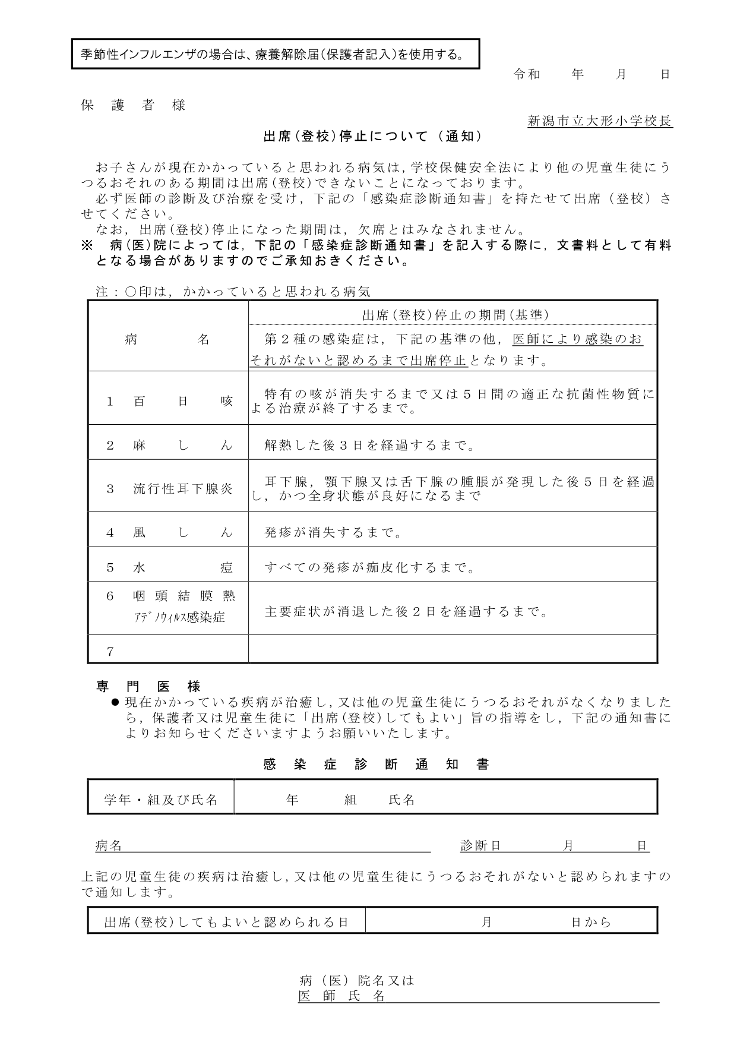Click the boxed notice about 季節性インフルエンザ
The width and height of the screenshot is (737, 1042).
click(x=275, y=55)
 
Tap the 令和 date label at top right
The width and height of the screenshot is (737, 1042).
click(x=527, y=74)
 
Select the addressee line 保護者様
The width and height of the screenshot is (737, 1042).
click(x=134, y=106)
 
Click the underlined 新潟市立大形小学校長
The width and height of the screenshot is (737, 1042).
click(x=600, y=121)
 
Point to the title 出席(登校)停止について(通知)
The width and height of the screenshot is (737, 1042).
click(x=373, y=137)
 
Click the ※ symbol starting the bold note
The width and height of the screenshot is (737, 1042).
click(x=87, y=245)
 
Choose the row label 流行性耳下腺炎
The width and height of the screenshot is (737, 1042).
click(x=183, y=490)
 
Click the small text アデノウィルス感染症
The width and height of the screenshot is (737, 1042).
click(x=179, y=617)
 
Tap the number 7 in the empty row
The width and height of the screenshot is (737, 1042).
click(x=110, y=652)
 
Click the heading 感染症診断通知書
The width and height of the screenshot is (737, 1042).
click(x=376, y=765)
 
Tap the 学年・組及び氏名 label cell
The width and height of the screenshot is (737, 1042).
click(x=161, y=800)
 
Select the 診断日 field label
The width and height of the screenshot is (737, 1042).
click(x=480, y=846)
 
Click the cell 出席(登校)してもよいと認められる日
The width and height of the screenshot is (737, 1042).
click(x=226, y=923)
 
